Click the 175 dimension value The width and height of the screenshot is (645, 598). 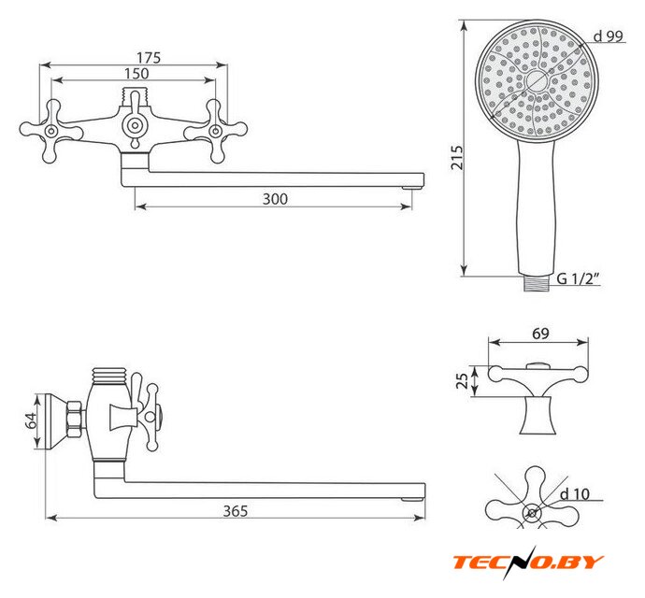pyautogui.click(x=149, y=58)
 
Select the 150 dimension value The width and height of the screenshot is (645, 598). pyautogui.click(x=136, y=74)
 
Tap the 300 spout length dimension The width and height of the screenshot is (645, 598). pyautogui.click(x=275, y=199)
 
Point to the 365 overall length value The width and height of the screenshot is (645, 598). pyautogui.click(x=236, y=511)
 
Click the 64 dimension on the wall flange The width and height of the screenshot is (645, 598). pyautogui.click(x=31, y=420)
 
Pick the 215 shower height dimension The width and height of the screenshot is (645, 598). pyautogui.click(x=456, y=157)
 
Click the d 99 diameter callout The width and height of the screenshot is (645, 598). pyautogui.click(x=609, y=36)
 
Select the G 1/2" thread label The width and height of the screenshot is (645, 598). pyautogui.click(x=578, y=278)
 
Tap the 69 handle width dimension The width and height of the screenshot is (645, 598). pyautogui.click(x=540, y=334)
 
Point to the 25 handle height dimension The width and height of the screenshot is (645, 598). pyautogui.click(x=463, y=381)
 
